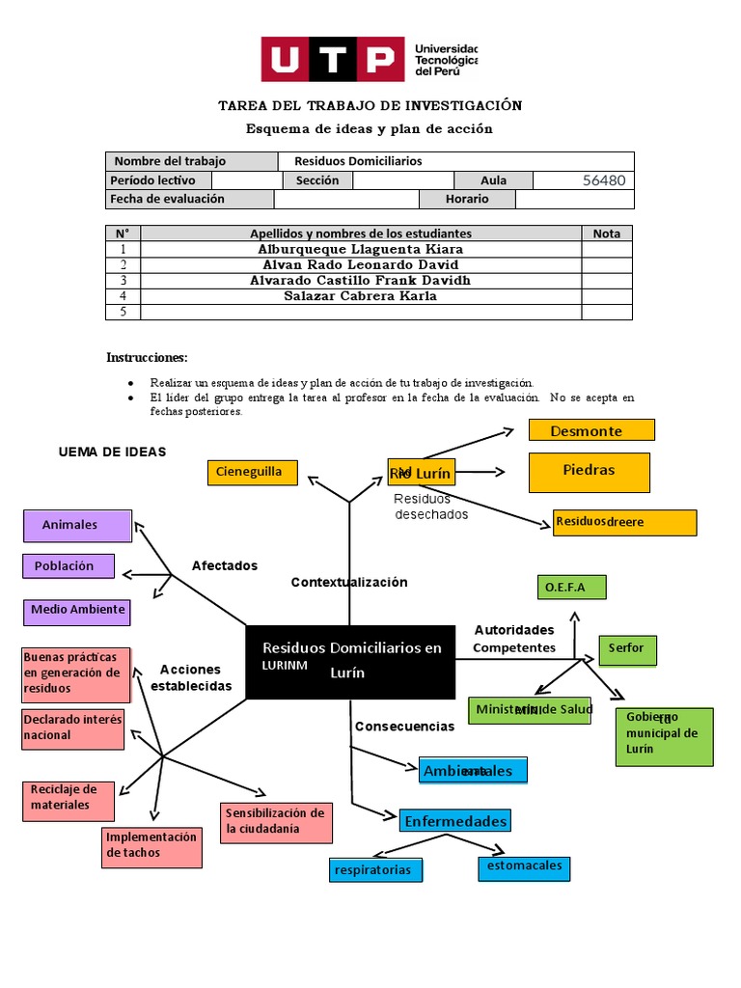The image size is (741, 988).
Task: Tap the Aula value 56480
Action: tap(604, 180)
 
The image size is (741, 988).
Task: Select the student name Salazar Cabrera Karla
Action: tap(360, 296)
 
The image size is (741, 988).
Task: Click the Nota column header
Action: tap(606, 233)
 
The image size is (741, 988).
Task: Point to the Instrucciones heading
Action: tap(147, 357)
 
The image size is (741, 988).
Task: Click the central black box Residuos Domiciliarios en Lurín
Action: tap(349, 661)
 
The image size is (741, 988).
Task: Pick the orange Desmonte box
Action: tap(591, 430)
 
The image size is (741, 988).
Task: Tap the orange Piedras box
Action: tap(589, 471)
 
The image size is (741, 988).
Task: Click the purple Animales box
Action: tap(77, 525)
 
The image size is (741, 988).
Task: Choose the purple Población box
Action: tap(69, 565)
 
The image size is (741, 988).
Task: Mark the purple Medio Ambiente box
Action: tap(76, 611)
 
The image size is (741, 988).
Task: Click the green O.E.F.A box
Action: tap(571, 587)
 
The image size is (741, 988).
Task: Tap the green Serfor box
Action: tap(626, 649)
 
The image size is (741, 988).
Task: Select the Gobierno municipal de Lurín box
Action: tap(665, 736)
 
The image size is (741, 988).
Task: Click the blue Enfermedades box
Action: tap(454, 821)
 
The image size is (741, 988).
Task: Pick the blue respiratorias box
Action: tap(375, 870)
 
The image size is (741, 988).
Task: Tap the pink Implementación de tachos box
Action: tap(151, 845)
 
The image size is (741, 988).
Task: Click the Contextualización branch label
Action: tap(349, 582)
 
